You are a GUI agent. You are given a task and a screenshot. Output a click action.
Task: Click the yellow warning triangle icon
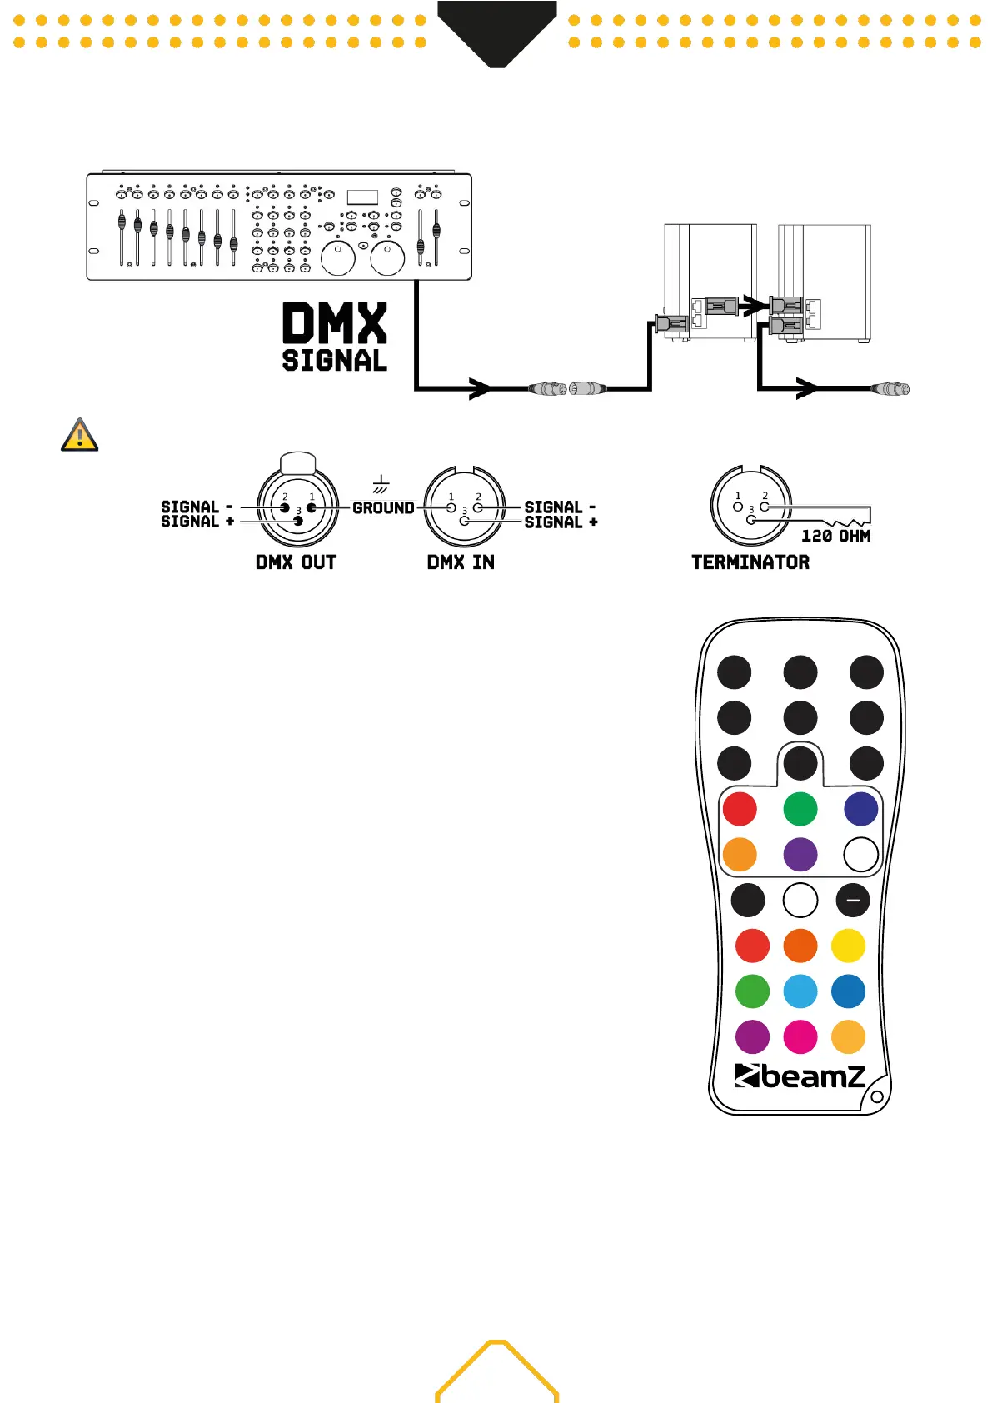pos(80,435)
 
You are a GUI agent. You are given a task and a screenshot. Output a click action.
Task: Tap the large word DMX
pos(335,323)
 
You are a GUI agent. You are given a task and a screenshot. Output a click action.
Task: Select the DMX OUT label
pos(296,562)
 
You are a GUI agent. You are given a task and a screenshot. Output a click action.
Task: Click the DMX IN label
pos(461,562)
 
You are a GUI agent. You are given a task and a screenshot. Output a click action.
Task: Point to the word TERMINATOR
pos(750,562)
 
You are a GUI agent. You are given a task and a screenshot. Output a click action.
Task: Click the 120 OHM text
pos(835,537)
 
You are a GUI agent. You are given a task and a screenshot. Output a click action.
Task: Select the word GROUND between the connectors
pos(383,507)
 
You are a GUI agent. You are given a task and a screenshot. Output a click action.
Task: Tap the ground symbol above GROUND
pos(381,484)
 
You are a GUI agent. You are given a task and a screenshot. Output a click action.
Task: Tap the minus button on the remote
pos(852,901)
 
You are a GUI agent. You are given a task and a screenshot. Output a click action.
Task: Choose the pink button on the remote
pos(800,1037)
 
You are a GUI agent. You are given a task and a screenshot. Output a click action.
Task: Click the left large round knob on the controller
pos(338,258)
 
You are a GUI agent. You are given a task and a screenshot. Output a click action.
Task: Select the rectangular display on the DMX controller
pos(362,197)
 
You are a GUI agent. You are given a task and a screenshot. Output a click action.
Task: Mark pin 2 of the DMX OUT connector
pos(285,507)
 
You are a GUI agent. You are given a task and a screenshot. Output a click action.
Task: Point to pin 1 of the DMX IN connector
pos(451,507)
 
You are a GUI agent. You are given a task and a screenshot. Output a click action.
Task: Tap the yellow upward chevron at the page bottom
pos(497,1366)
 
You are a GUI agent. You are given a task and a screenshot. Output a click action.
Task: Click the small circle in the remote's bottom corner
pos(876,1096)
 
